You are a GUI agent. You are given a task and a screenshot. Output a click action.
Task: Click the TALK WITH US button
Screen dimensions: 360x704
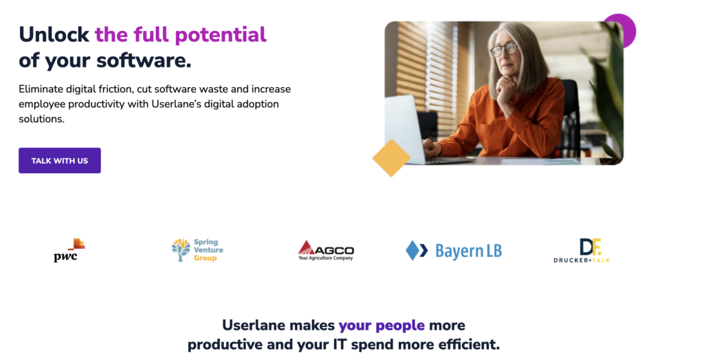60,161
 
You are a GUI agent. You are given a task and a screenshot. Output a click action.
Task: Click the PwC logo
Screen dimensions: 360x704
69,250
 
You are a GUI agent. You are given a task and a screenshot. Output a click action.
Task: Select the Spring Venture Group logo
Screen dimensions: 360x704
197,250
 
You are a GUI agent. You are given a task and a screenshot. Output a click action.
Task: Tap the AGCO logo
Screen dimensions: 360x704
326,251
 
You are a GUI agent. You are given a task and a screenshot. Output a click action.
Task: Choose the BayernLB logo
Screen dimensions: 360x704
454,251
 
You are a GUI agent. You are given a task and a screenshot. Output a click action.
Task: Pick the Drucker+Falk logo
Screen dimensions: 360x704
582,251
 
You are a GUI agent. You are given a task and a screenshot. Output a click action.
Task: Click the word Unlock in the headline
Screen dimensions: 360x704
54,34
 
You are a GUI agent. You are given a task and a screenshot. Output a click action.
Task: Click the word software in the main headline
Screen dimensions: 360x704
143,60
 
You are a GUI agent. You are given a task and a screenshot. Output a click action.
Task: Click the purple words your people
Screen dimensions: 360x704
382,325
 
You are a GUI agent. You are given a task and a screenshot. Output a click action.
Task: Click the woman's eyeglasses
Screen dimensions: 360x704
504,49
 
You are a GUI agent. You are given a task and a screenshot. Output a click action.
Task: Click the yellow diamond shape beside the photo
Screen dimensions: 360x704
391,158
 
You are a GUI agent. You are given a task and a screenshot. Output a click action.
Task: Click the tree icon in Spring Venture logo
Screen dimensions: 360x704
181,250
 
